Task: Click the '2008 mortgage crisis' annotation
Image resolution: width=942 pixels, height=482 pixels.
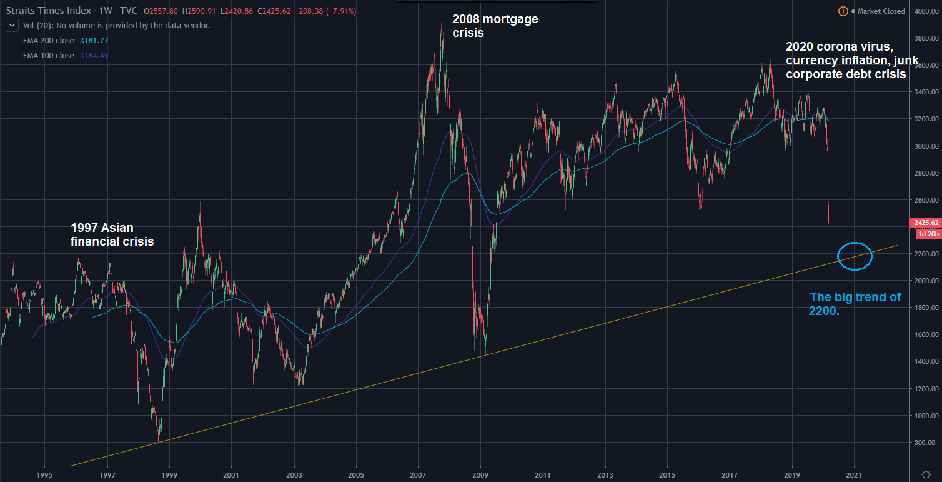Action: click(x=495, y=26)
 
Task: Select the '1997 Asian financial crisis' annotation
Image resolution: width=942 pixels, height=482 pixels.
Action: click(x=112, y=234)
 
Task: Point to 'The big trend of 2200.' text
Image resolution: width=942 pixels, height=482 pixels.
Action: click(x=855, y=304)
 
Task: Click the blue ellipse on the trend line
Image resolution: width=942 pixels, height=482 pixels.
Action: click(x=854, y=256)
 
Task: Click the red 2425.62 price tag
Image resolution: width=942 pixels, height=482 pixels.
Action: click(x=928, y=223)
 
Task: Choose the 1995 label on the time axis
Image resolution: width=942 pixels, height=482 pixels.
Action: click(x=44, y=473)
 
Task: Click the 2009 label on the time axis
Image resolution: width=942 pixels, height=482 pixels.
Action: click(x=480, y=473)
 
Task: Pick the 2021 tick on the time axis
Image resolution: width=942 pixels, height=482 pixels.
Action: click(x=854, y=473)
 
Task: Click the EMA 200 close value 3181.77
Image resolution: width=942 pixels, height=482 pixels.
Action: click(x=94, y=41)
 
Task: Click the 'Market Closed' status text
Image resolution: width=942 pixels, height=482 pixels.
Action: click(x=881, y=11)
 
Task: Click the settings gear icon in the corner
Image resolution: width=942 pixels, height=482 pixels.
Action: click(x=926, y=474)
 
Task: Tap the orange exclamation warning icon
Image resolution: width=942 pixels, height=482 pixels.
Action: click(x=843, y=11)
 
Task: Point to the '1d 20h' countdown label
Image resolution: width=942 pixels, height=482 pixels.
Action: click(x=928, y=234)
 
